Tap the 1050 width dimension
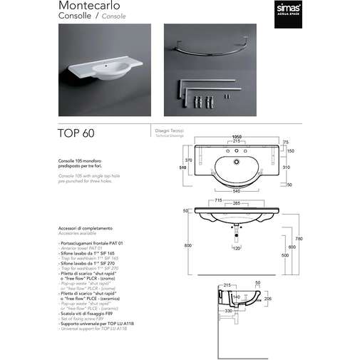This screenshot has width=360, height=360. tap(236, 138)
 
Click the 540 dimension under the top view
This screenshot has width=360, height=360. tap(235, 192)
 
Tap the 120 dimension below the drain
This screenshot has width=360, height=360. tap(236, 249)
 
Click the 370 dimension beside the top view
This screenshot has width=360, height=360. tap(189, 160)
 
